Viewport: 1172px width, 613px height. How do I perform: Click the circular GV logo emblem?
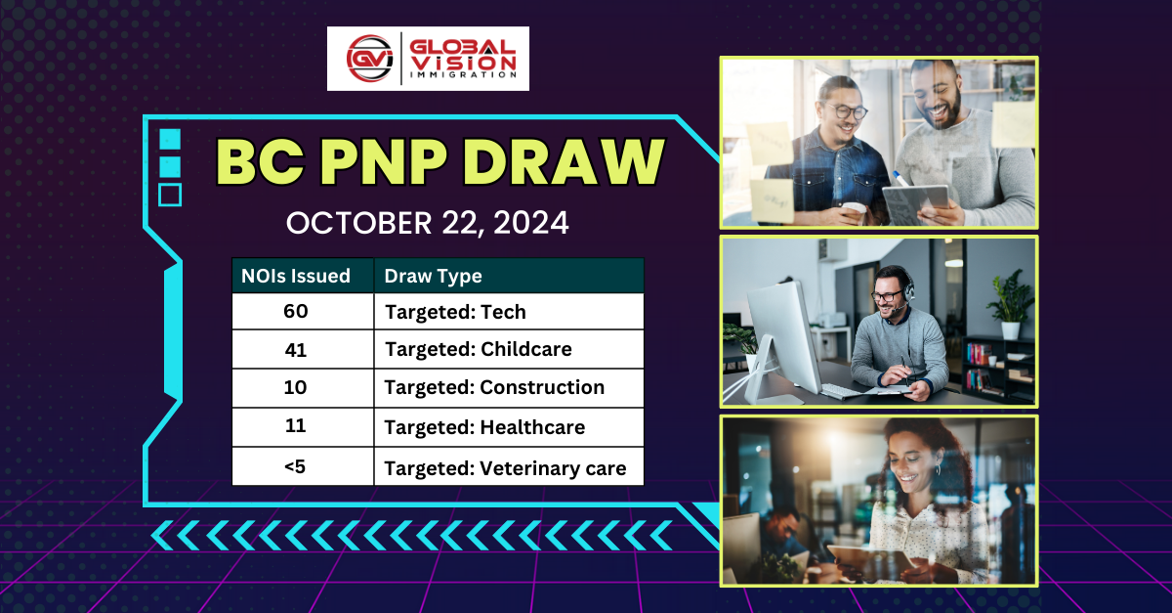[x=370, y=59]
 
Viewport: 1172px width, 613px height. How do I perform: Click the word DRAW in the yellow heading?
[x=564, y=162]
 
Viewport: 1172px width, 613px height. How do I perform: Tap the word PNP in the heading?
[x=384, y=162]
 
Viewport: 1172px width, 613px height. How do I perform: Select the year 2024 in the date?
[x=530, y=223]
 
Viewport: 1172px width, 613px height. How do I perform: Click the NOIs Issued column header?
[x=296, y=276]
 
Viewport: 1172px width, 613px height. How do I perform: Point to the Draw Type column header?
[x=434, y=276]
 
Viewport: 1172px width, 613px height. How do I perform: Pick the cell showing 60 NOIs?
[x=296, y=311]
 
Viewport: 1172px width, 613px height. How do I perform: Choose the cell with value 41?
[x=296, y=349]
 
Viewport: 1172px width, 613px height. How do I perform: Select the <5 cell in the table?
[x=296, y=466]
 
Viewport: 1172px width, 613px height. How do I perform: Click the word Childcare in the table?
[x=525, y=349]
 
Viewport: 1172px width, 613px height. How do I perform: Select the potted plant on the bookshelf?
[x=1010, y=304]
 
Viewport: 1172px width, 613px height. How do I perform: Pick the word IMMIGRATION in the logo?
[x=463, y=75]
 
